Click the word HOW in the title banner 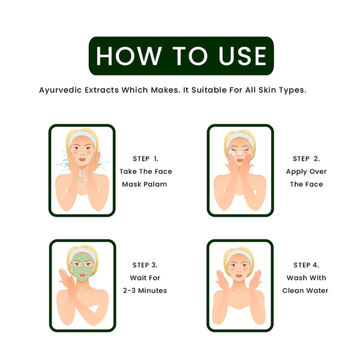point(129,56)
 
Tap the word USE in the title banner point(242,56)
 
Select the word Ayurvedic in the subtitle point(61,90)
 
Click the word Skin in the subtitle point(267,90)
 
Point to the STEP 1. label point(146,158)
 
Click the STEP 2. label point(306,158)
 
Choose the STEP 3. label point(145,265)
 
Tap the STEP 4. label point(306,265)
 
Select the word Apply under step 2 point(296,172)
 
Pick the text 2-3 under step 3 point(129,290)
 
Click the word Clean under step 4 point(293,290)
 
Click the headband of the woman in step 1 point(82,136)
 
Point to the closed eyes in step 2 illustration point(239,150)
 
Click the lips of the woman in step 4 point(239,275)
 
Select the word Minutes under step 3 point(152,290)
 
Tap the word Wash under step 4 point(296,278)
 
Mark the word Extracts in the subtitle point(101,90)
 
